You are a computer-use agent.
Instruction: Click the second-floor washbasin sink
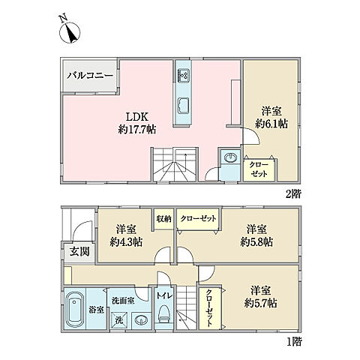coord(229,158)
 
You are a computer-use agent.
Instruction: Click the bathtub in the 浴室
coord(74,310)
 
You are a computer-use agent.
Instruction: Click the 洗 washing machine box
coord(118,322)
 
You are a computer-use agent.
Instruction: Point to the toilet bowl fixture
coord(163,318)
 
